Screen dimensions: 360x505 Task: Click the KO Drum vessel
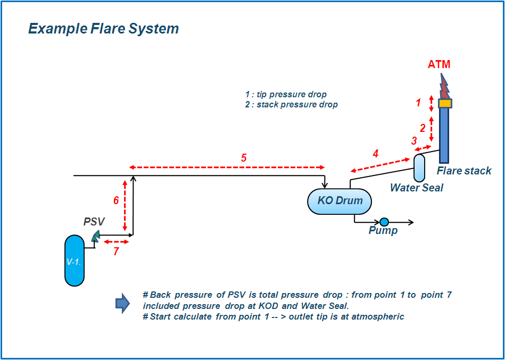coord(340,202)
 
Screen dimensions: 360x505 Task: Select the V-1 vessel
coord(74,260)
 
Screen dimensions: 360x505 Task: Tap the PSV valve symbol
coord(95,236)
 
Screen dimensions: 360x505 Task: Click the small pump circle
coord(384,222)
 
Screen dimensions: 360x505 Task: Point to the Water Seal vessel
coord(419,168)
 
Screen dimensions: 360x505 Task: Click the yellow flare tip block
coord(445,103)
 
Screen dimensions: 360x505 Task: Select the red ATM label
coord(439,64)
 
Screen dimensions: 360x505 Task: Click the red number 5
coord(244,158)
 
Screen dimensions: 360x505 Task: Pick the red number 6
coord(115,200)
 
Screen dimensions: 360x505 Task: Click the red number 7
coord(116,252)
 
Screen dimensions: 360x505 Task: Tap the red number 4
coord(375,154)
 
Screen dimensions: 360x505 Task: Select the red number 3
coord(414,141)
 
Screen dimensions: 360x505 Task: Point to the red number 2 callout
coord(423,128)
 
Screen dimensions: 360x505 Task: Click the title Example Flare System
coord(103,28)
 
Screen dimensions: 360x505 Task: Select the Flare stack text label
coord(464,171)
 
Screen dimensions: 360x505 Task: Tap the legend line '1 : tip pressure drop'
coord(286,95)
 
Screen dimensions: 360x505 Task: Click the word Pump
coord(383,231)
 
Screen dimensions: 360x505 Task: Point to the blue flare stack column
coord(444,136)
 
